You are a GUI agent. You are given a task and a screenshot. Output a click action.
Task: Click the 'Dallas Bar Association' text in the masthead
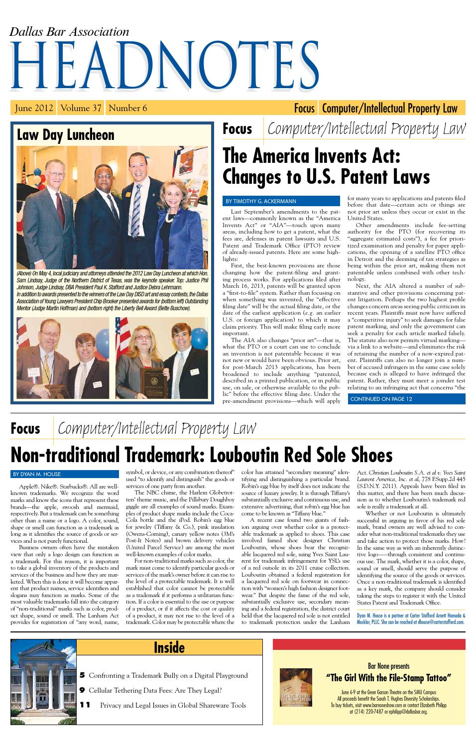point(69,32)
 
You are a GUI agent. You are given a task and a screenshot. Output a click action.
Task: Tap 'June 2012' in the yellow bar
point(34,108)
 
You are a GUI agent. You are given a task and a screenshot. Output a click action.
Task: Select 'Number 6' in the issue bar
point(128,108)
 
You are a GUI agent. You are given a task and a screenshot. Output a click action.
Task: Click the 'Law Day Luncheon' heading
point(66,135)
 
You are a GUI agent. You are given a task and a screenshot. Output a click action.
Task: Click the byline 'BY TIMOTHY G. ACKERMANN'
point(261,201)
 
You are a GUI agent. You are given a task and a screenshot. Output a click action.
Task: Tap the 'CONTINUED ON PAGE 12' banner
point(381,398)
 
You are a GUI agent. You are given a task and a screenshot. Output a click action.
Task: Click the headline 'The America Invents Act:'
point(312,155)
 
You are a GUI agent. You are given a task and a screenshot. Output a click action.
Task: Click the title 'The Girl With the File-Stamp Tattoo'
point(388,678)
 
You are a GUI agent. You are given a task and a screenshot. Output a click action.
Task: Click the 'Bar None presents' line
point(388,666)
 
